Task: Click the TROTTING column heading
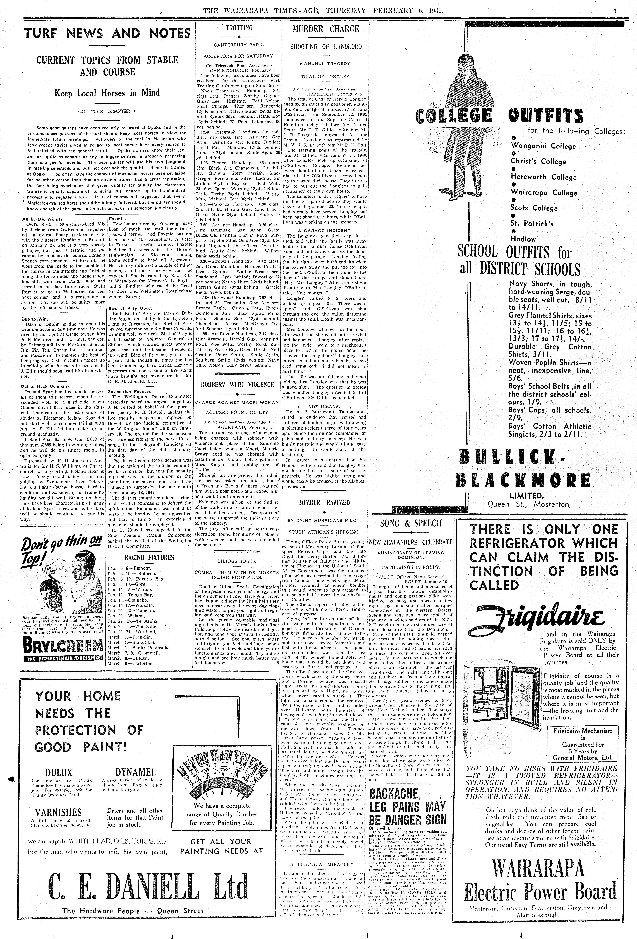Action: tap(239, 28)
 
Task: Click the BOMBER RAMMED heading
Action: tap(324, 503)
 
